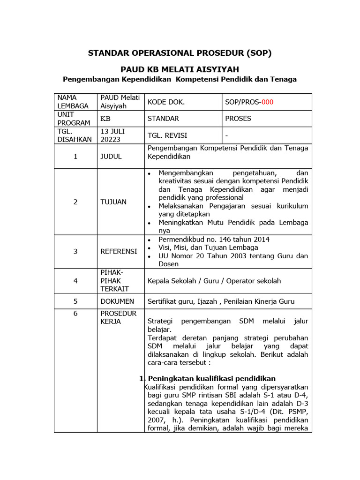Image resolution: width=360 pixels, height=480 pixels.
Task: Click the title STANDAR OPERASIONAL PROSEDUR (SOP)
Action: coord(180,53)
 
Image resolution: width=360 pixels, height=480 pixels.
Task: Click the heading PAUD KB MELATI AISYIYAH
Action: coord(180,69)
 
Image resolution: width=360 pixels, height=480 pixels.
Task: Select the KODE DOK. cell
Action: coord(166,102)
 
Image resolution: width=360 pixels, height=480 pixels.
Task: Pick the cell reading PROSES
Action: coord(238,119)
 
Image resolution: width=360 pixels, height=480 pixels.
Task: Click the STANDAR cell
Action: coord(163,119)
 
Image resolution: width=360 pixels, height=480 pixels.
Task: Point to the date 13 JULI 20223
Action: coord(112,135)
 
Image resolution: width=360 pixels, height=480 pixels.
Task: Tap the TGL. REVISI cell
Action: coord(167,135)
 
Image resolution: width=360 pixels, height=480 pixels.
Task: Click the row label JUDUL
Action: coord(111,157)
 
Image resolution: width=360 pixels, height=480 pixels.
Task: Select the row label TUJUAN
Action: coord(112,202)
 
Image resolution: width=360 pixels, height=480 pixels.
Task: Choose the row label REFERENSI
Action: coord(119,251)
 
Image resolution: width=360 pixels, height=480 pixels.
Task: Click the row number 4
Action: coord(75,281)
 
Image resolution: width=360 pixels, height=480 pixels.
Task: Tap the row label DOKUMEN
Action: coord(117,301)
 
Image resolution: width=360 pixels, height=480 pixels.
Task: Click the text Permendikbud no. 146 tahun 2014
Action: coord(214,240)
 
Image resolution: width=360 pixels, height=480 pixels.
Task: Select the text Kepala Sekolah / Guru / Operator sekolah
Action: coord(214,281)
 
